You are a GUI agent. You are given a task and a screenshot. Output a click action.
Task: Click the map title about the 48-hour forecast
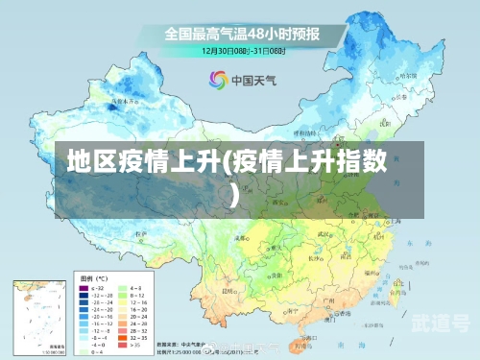click(x=241, y=33)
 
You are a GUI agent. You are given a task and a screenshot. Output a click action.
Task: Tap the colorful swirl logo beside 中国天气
click(x=217, y=80)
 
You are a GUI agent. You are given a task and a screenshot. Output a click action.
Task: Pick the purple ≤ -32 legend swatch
click(x=84, y=287)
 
